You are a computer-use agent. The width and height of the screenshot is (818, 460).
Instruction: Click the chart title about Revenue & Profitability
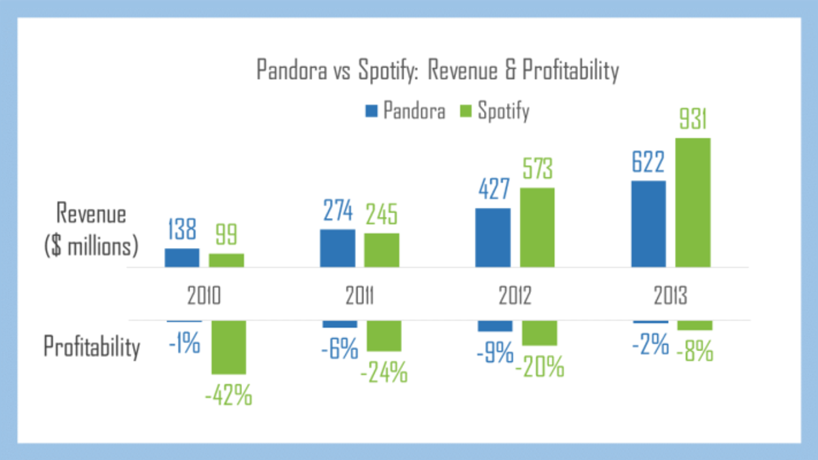437,71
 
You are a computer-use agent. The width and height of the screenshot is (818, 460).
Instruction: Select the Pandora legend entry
406,111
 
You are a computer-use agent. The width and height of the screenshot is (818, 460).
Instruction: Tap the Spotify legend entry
495,111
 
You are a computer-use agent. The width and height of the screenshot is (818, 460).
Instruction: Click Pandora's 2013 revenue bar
648,224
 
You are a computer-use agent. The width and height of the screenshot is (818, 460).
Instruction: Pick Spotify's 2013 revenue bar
693,203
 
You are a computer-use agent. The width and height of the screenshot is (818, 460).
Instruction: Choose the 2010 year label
204,297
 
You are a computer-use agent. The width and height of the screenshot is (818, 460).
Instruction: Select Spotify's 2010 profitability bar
228,347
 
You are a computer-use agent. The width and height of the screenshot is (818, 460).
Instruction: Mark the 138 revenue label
182,230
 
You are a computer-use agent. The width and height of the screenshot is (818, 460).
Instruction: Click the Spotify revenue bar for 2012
537,228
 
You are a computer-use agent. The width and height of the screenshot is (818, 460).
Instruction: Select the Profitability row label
92,347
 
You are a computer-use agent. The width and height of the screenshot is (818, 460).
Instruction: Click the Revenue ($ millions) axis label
91,230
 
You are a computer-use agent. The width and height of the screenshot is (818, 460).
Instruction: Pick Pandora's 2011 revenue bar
337,249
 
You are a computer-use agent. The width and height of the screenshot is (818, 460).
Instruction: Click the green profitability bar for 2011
384,336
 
